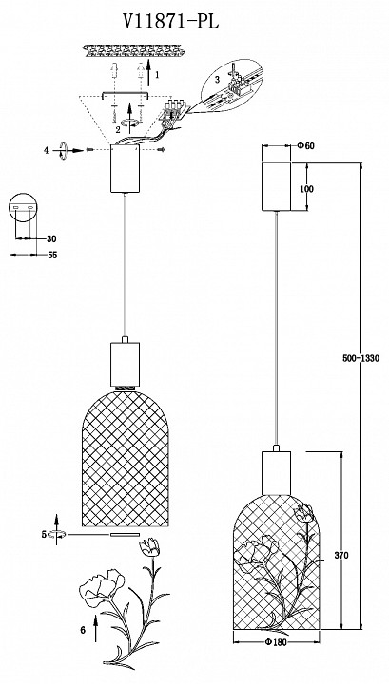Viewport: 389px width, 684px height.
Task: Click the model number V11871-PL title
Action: coord(170,21)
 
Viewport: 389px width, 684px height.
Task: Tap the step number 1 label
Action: coord(157,75)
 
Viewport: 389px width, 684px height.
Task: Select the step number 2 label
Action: coord(118,129)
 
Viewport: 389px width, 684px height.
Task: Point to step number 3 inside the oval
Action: coord(217,80)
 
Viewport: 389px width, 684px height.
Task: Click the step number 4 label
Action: coord(47,150)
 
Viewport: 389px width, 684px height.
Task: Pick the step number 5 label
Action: coord(44,534)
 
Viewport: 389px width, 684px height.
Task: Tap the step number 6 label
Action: coord(83,630)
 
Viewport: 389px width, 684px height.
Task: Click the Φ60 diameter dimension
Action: coord(305,146)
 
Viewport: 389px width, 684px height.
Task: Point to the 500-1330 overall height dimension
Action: coord(360,358)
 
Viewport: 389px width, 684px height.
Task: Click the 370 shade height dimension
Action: coord(341,556)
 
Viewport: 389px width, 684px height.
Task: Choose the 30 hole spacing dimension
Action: coord(51,239)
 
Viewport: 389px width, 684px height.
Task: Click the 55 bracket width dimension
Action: coord(52,256)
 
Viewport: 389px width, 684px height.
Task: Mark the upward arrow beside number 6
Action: coord(96,628)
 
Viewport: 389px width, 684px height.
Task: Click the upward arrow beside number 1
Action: coord(148,71)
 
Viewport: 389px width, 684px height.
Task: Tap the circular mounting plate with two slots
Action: coord(23,208)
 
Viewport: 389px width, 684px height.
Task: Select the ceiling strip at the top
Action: coord(132,50)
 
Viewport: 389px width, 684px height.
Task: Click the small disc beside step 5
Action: coord(125,534)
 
